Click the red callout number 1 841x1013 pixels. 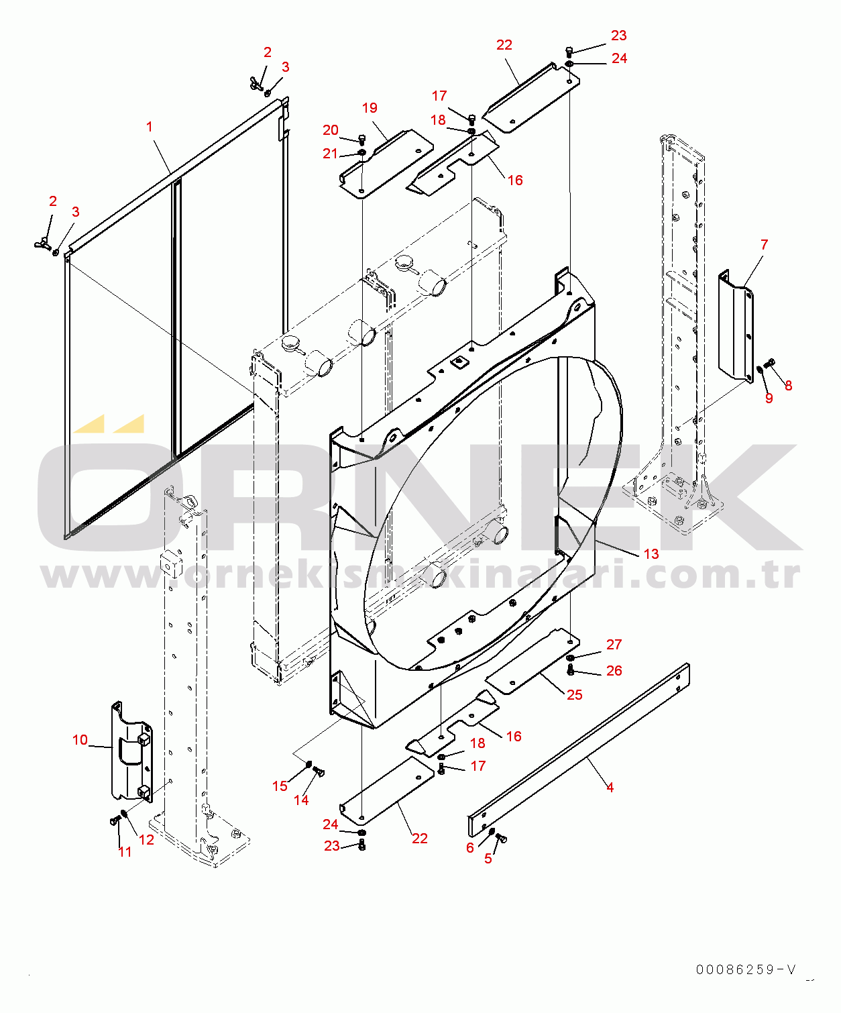pyautogui.click(x=150, y=127)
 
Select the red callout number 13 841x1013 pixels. pyautogui.click(x=651, y=554)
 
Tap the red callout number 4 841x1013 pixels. pyautogui.click(x=610, y=788)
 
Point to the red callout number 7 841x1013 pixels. pyautogui.click(x=765, y=245)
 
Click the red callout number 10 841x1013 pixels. pyautogui.click(x=80, y=740)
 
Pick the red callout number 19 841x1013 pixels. pyautogui.click(x=370, y=108)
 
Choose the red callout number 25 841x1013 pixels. pyautogui.click(x=574, y=695)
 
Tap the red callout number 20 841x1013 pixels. pyautogui.click(x=330, y=130)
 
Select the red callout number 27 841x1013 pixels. pyautogui.click(x=614, y=644)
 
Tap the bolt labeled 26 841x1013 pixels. pyautogui.click(x=570, y=671)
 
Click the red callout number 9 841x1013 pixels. pyautogui.click(x=769, y=398)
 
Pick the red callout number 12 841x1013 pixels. pyautogui.click(x=146, y=840)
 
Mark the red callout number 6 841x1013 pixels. pyautogui.click(x=470, y=847)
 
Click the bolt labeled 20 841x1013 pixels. pyautogui.click(x=361, y=140)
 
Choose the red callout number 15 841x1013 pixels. pyautogui.click(x=280, y=786)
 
